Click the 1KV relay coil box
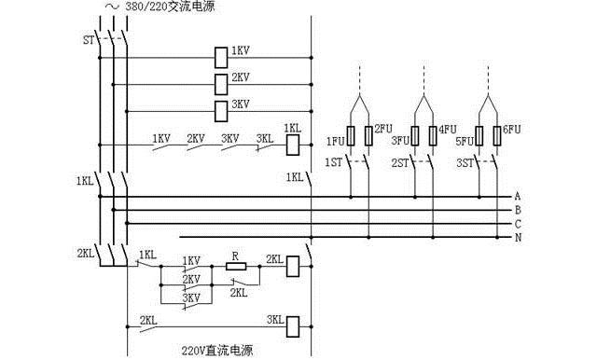coord(222,56)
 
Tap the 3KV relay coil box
coord(222,111)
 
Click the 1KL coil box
coord(292,145)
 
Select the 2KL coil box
coord(292,266)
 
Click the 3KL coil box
coord(292,325)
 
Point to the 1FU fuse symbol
coord(350,136)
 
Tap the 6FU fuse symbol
coord(495,136)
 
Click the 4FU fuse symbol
coord(431,136)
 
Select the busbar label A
coord(516,197)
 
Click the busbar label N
coord(516,238)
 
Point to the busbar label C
coord(516,224)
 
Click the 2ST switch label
coord(398,162)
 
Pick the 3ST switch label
coord(464,162)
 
